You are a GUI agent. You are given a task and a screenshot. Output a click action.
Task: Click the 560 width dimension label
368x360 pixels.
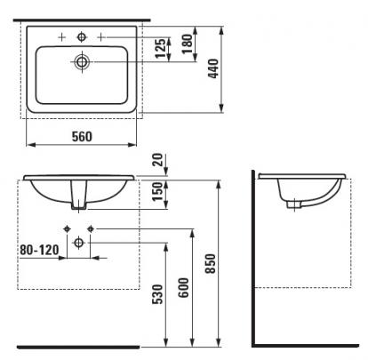pos(82,136)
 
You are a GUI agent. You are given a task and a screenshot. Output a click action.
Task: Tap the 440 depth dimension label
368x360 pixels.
pos(213,68)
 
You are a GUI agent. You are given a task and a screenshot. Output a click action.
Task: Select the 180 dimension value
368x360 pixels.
pos(188,44)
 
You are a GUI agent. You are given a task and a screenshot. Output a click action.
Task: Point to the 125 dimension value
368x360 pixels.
pos(161,49)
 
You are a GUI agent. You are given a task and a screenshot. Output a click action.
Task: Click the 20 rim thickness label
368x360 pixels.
pos(158,160)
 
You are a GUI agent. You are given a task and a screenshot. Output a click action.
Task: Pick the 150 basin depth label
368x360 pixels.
pos(157,192)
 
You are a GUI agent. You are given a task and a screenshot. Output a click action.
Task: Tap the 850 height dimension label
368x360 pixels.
pos(210,263)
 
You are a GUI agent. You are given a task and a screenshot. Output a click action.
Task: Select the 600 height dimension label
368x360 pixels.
pos(183,287)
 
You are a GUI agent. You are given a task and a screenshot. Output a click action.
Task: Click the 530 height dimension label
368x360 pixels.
pos(157,294)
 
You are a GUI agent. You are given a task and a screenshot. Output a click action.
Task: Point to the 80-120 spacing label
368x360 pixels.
pos(39,250)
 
